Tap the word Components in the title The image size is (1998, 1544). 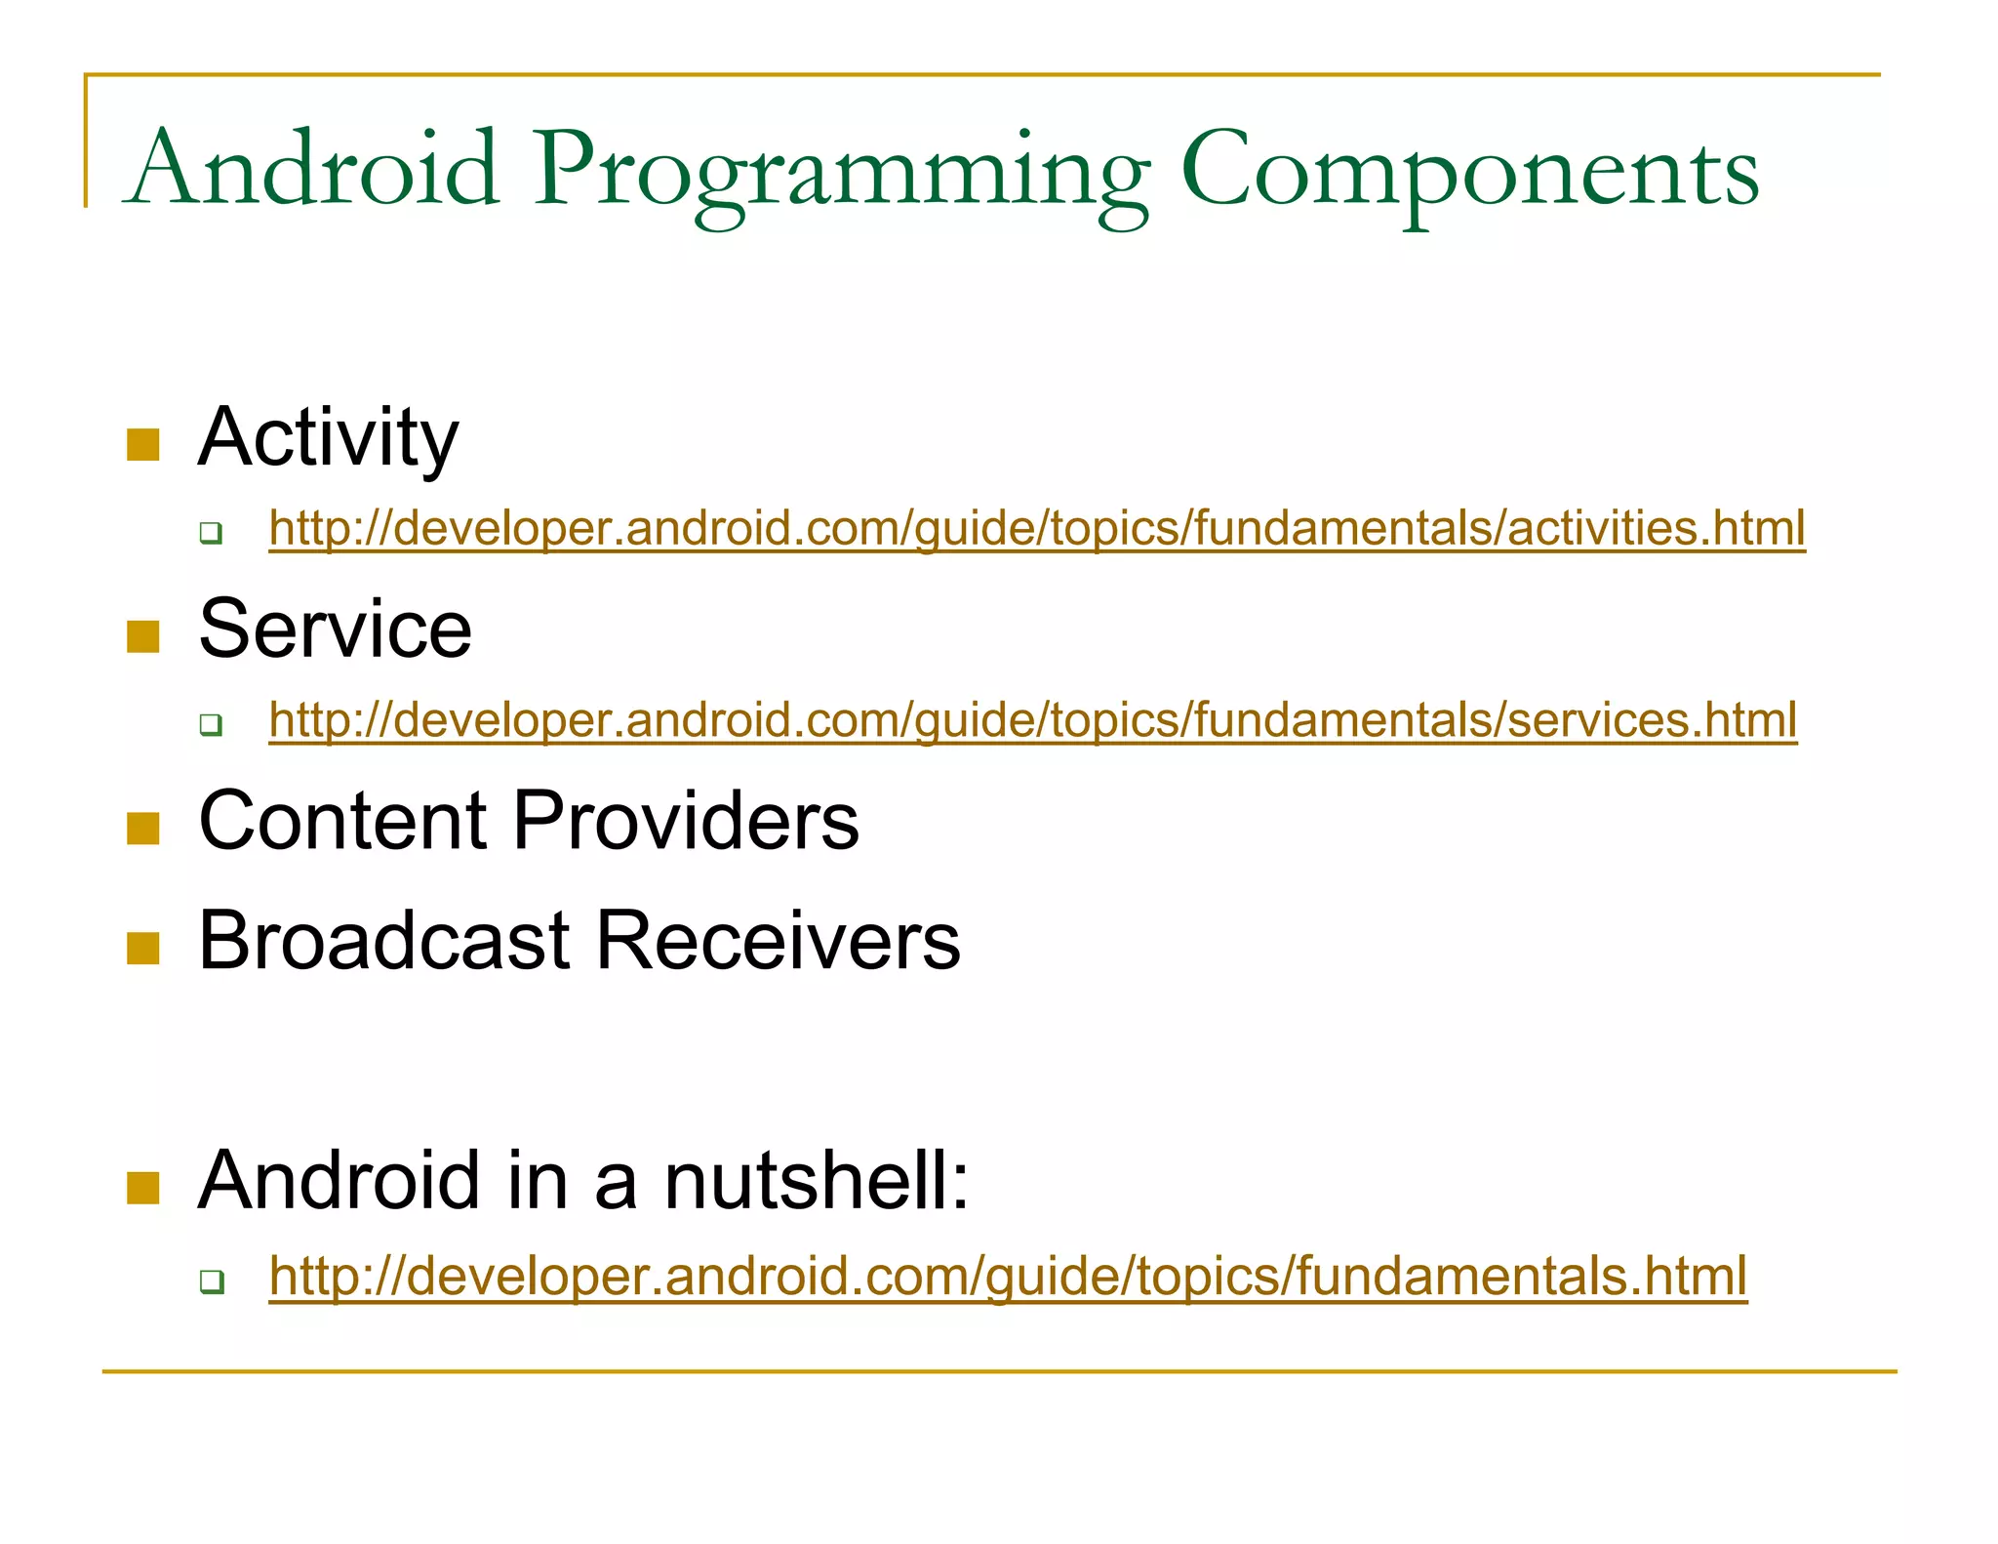point(1469,172)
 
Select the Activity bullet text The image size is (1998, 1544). point(328,438)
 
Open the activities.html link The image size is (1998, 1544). point(1036,528)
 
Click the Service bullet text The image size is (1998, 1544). point(335,630)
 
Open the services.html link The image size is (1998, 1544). point(1032,720)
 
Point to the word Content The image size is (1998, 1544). point(342,821)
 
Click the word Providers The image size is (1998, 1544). point(686,821)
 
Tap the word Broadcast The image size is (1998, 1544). point(383,941)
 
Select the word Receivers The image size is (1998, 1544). point(778,941)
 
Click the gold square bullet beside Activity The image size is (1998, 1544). point(143,445)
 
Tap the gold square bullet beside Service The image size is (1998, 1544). point(143,637)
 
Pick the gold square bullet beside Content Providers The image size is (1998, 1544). point(143,829)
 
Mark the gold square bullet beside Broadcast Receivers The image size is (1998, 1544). point(143,949)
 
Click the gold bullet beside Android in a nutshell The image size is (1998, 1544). point(143,1189)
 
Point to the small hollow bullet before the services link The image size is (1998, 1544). point(211,725)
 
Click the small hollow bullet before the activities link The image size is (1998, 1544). point(211,533)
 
